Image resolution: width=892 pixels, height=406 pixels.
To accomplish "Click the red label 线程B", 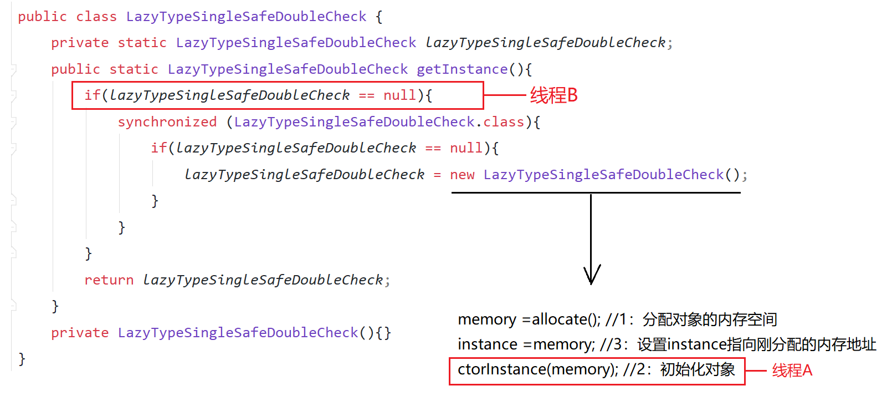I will click(553, 95).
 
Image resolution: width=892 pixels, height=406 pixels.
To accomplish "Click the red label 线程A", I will click(792, 371).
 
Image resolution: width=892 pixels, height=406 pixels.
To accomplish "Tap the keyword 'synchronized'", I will click(167, 122).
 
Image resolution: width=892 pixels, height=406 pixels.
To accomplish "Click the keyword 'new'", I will click(462, 175).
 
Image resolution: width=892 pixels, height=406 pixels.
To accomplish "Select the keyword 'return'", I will click(109, 280).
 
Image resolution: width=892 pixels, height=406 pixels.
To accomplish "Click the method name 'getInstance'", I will click(462, 69).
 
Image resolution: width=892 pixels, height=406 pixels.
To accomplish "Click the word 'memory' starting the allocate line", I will click(487, 319).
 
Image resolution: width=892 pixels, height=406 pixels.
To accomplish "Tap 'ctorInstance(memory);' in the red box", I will click(537, 369).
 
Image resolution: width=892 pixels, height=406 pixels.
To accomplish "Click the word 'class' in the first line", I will click(96, 17).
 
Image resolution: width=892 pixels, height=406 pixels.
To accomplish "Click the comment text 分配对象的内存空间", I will click(710, 319).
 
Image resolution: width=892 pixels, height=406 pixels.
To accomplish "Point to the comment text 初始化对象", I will click(698, 369).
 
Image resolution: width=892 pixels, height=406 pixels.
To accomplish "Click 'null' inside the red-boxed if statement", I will click(399, 95).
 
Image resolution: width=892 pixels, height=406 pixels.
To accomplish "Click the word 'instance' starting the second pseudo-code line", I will click(487, 344).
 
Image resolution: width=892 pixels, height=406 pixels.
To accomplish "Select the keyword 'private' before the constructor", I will click(80, 333).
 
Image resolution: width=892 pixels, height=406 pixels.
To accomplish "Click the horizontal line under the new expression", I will click(596, 192).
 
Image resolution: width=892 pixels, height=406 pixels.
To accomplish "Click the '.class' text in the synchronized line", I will click(501, 122).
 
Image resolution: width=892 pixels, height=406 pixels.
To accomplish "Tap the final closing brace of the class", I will click(22, 359).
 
